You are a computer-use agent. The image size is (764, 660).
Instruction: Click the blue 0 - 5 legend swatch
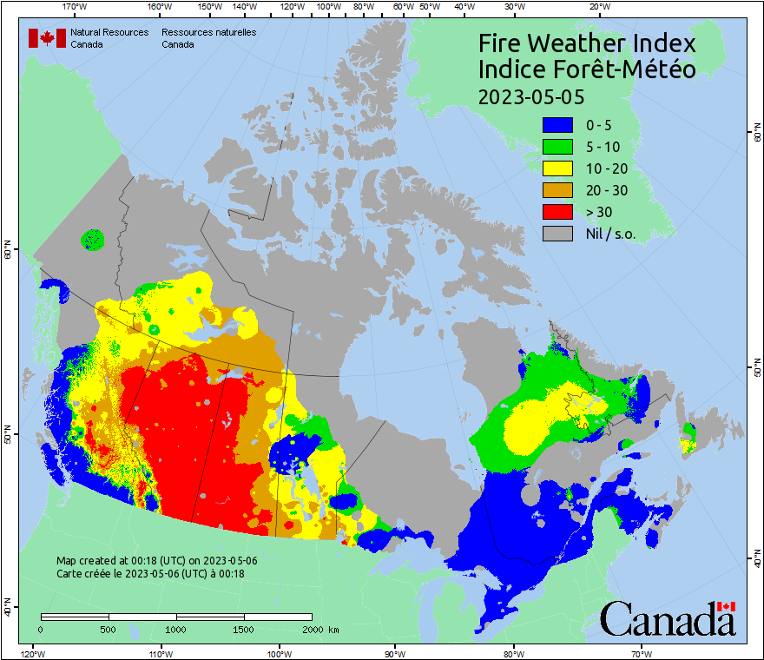pos(557,125)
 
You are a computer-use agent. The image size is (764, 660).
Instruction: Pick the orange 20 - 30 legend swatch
pos(557,190)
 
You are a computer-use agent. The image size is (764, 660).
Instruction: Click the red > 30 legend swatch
pos(557,212)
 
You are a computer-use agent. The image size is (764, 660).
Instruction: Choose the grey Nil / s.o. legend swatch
pos(557,234)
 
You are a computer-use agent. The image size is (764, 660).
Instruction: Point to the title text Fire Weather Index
pos(588,43)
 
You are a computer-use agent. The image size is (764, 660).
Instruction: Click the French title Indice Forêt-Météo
pos(588,69)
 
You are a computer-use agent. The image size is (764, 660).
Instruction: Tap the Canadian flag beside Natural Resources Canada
pos(47,38)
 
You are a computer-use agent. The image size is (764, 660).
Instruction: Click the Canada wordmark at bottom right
pos(668,619)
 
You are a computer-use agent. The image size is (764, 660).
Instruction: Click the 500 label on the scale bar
pos(109,629)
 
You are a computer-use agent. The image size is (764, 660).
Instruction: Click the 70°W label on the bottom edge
pos(641,653)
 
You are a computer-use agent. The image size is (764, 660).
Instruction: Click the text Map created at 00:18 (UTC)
pos(157,561)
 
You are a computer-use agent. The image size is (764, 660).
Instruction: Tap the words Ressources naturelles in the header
pos(208,32)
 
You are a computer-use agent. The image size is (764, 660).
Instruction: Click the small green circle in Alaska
pos(92,238)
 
